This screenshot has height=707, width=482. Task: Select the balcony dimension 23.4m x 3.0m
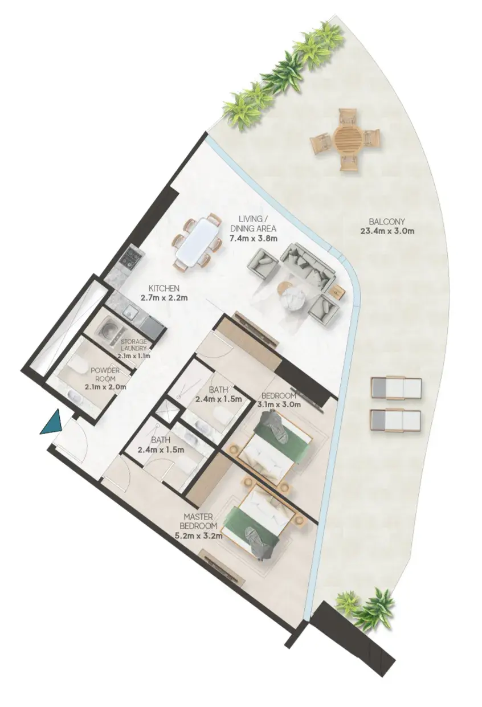[x=387, y=231]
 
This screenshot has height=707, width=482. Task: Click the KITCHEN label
[x=164, y=288]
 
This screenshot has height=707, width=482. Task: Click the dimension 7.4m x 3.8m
[x=254, y=239]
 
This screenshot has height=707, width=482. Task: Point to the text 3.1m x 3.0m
[x=279, y=404]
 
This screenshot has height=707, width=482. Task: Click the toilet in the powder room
[x=75, y=367]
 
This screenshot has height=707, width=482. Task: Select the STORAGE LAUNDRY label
[x=134, y=345]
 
